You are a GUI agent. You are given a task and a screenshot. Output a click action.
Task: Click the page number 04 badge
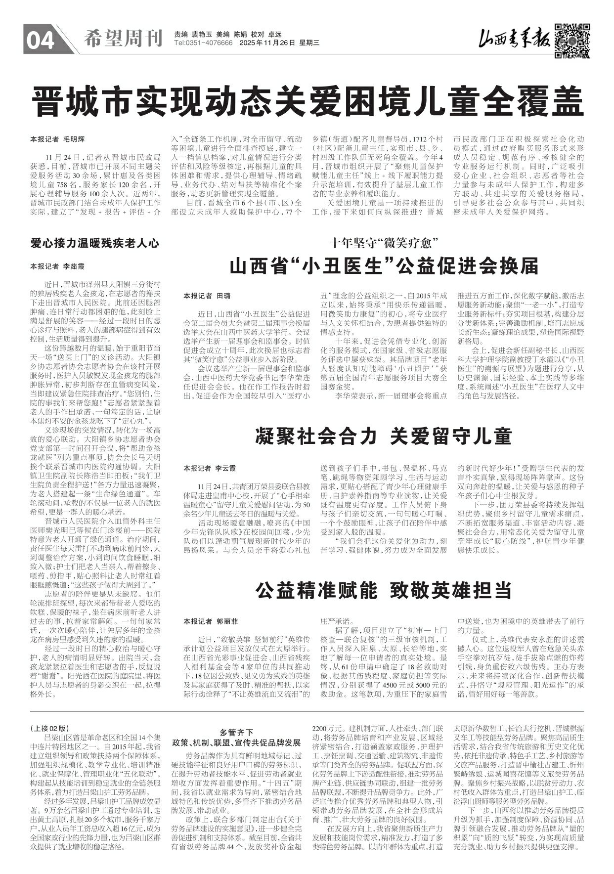coord(41,41)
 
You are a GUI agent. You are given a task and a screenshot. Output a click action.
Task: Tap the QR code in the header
coord(571,40)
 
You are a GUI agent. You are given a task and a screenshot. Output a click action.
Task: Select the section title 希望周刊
coord(123,39)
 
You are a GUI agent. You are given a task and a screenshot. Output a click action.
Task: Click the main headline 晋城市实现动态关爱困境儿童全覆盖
coord(306,101)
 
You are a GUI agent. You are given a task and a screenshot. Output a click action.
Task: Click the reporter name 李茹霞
coord(74,266)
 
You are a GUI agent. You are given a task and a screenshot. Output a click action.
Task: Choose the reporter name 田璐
coord(223,296)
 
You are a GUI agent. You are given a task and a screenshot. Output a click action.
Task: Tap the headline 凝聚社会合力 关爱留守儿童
coord(383,437)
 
